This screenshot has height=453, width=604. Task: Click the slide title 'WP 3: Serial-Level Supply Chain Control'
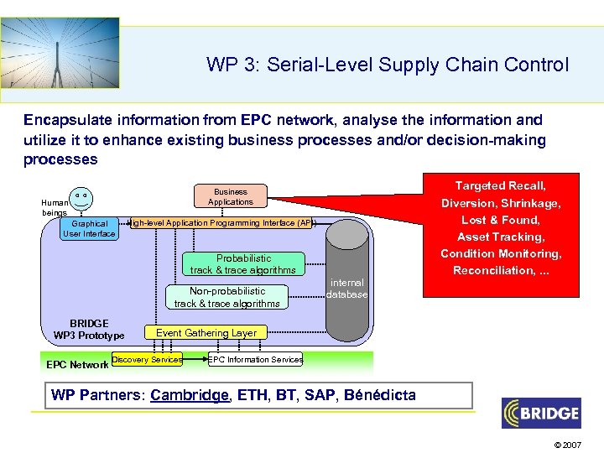click(x=387, y=65)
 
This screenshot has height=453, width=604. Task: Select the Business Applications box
click(x=230, y=196)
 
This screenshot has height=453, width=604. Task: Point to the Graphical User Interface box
click(x=89, y=228)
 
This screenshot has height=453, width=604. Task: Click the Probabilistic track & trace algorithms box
click(x=243, y=264)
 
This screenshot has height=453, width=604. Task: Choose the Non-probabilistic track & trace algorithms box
click(x=226, y=297)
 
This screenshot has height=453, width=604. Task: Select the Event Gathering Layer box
click(x=206, y=333)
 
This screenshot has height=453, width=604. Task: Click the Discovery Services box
click(x=147, y=360)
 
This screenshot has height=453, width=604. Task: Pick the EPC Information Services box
click(x=256, y=360)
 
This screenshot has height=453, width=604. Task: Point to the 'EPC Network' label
click(x=76, y=364)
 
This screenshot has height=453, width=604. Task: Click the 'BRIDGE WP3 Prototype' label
click(x=89, y=330)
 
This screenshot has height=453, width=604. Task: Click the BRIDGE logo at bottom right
click(x=541, y=413)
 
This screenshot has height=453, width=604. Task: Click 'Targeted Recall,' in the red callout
click(x=501, y=185)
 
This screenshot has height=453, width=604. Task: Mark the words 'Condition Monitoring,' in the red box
click(x=501, y=253)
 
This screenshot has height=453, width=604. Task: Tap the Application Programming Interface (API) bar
click(x=222, y=223)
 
